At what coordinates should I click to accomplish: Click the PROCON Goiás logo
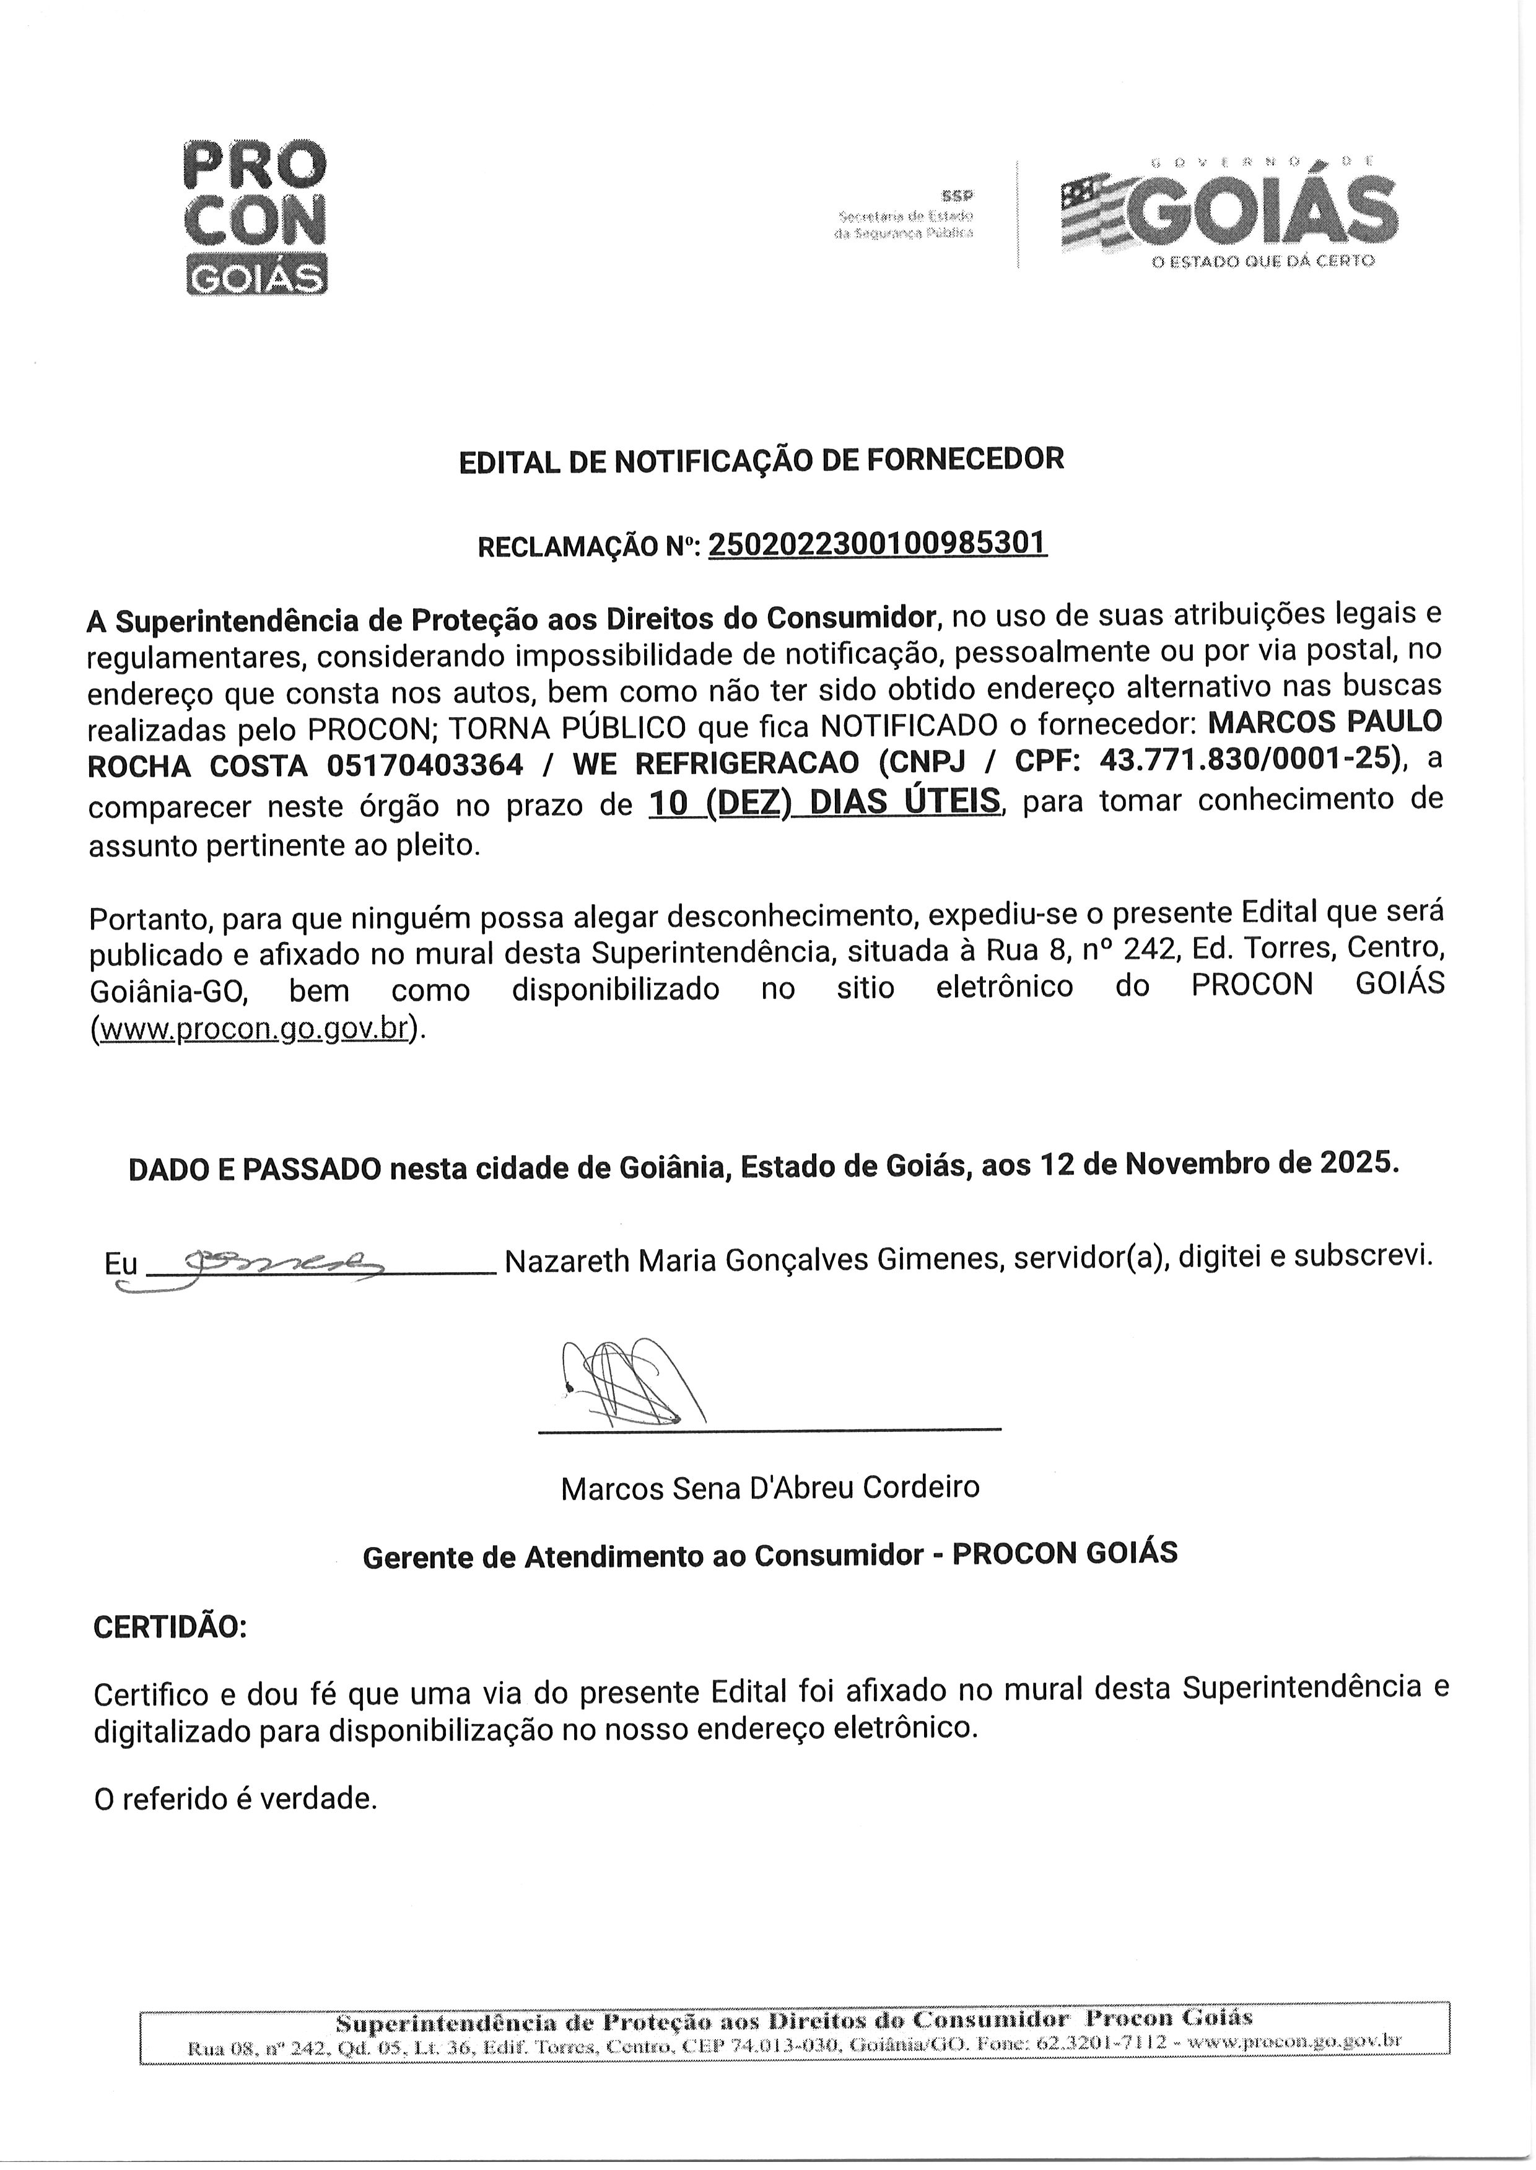point(255,217)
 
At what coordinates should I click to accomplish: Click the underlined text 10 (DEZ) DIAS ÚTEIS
point(824,802)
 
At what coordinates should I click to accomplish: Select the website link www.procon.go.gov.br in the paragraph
point(253,1028)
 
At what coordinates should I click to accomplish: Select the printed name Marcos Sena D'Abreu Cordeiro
point(769,1488)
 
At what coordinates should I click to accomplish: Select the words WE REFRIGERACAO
point(715,763)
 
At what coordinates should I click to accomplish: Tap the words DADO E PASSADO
point(255,1169)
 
